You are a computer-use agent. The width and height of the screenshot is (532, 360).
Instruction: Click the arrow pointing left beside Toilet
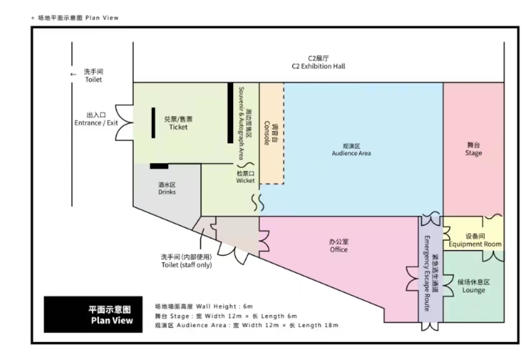[x=73, y=75]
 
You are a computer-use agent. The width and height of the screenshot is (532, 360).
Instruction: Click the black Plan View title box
[x=93, y=314]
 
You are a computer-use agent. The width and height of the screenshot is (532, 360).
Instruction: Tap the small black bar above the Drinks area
[x=159, y=166]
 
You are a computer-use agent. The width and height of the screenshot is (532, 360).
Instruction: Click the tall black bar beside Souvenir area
[x=230, y=113]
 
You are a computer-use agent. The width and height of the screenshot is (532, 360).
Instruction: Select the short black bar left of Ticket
[x=153, y=123]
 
